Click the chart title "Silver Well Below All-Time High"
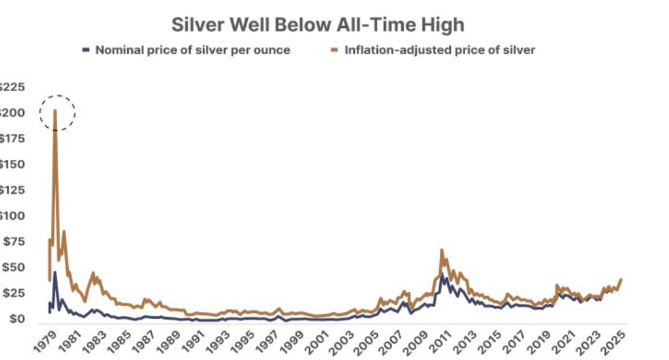[317, 25]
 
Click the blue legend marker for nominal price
[87, 50]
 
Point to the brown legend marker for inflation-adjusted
[335, 50]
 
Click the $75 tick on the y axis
[12, 242]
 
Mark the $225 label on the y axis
[12, 87]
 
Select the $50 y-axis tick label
[12, 268]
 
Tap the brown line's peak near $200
[55, 112]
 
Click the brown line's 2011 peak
[442, 250]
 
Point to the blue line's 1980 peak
[55, 273]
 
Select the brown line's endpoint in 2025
[621, 279]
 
